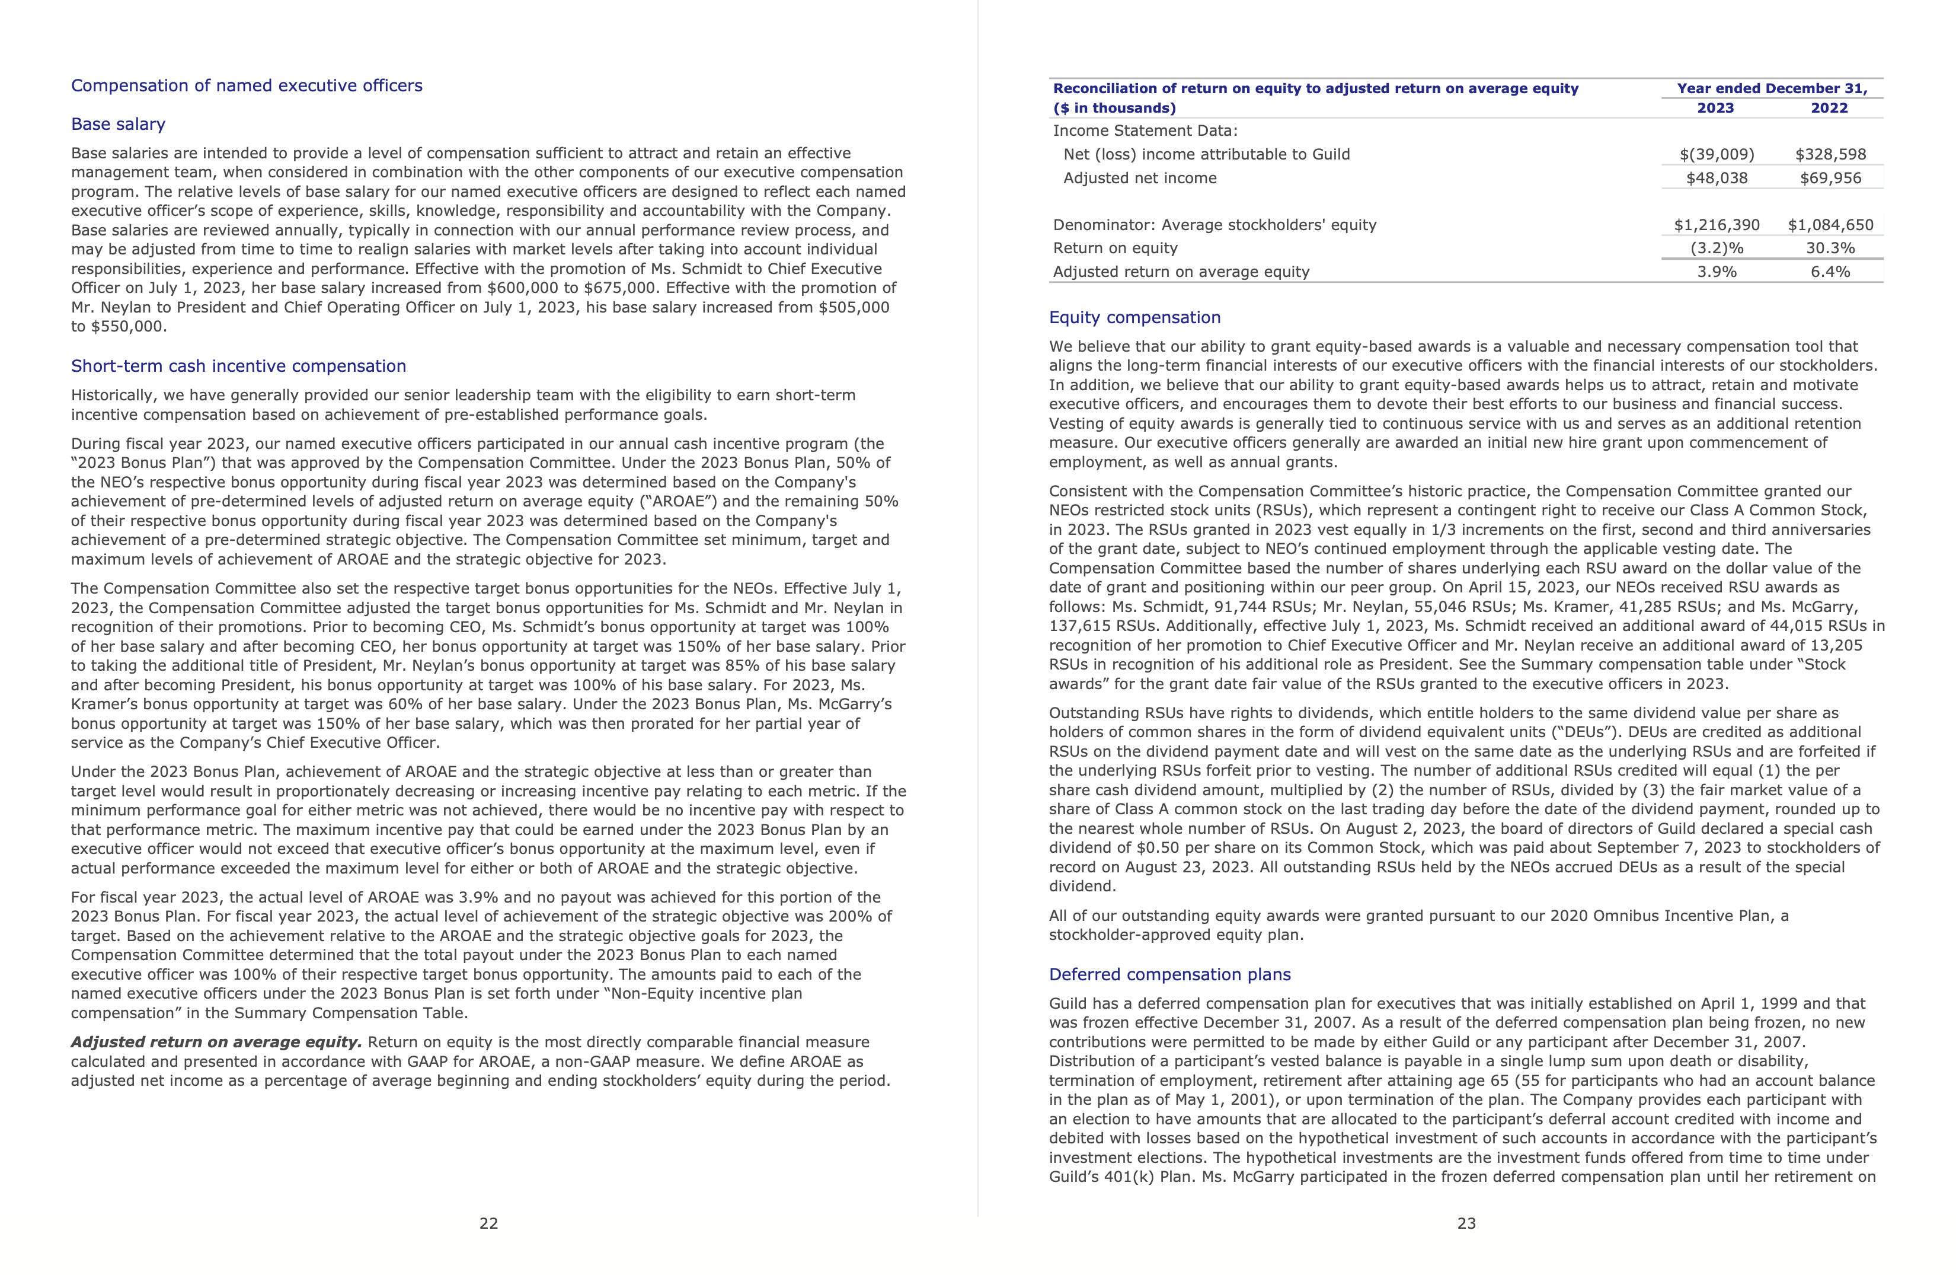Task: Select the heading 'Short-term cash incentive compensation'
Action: click(238, 366)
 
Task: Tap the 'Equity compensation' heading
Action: click(1134, 317)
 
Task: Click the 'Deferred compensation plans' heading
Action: click(1169, 974)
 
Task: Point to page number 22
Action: click(489, 1223)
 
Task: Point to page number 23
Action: click(1466, 1223)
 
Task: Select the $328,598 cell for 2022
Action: click(1830, 155)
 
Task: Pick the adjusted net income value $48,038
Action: click(1717, 179)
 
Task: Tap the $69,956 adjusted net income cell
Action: click(1830, 179)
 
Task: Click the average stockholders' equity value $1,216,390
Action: click(1717, 225)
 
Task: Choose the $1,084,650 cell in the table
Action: click(1830, 225)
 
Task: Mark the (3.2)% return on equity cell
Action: click(1717, 248)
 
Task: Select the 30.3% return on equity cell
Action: click(1830, 248)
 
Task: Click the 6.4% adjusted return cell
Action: click(1830, 272)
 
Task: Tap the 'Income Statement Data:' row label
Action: click(1145, 130)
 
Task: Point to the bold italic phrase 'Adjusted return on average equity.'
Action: click(216, 1043)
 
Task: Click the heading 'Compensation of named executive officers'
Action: click(247, 85)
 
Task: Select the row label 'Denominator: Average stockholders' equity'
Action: click(1214, 225)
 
